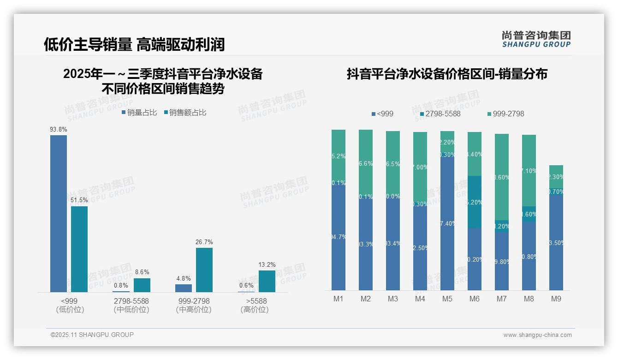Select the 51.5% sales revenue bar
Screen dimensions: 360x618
(79, 249)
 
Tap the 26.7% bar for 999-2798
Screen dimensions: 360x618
(204, 270)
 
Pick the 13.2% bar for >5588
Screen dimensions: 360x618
(267, 281)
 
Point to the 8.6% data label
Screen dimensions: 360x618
(142, 272)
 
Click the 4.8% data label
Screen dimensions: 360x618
(184, 278)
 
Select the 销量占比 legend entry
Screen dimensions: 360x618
(139, 112)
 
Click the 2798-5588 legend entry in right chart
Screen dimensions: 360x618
(440, 114)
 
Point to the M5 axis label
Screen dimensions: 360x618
(447, 299)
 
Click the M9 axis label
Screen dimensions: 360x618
(556, 299)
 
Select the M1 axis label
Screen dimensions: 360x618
(339, 299)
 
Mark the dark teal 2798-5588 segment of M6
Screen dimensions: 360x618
(475, 202)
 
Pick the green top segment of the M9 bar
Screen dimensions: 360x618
(556, 176)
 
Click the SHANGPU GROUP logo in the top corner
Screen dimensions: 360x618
(536, 39)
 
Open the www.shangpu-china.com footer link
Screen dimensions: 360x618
(537, 335)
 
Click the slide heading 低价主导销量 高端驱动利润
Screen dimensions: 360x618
(134, 44)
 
